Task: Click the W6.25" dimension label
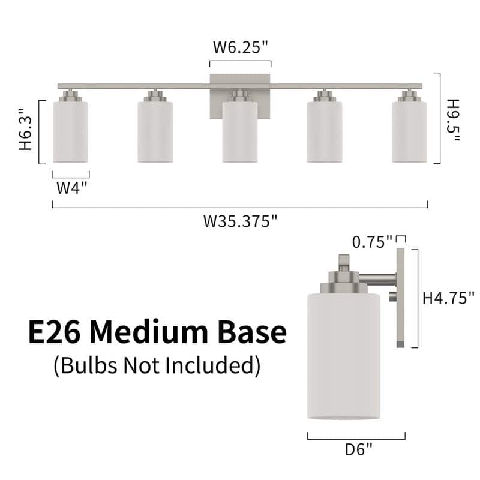[240, 48]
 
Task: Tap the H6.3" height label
[25, 130]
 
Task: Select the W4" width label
[72, 187]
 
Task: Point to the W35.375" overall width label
[240, 221]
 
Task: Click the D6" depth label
[358, 447]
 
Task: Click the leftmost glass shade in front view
[70, 132]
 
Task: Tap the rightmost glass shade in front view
[409, 132]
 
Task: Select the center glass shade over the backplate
[240, 132]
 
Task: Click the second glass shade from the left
[155, 132]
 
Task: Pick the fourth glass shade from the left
[325, 132]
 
